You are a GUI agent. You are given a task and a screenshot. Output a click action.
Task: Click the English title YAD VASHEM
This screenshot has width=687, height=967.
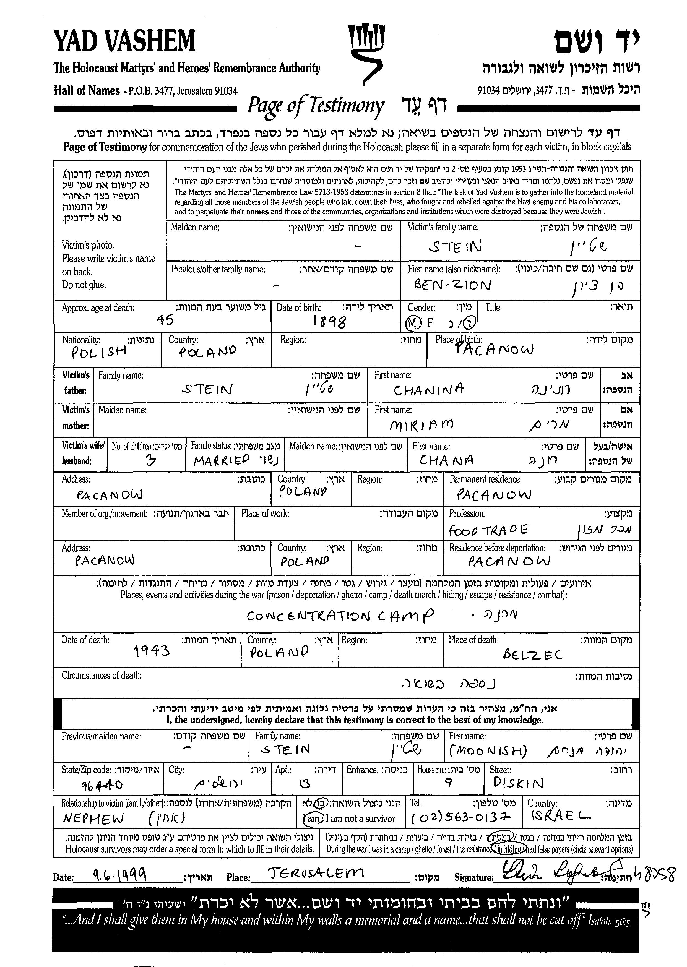124,41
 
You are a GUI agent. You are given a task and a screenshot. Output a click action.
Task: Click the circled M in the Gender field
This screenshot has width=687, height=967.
413,323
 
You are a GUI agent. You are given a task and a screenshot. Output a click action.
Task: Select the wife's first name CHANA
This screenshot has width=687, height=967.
446,460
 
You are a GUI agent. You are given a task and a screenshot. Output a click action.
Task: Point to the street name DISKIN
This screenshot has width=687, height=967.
518,783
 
